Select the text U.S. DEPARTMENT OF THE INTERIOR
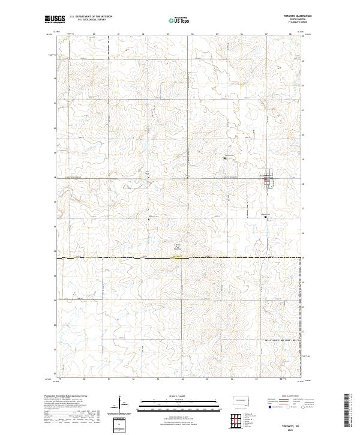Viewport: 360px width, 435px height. click(x=91, y=17)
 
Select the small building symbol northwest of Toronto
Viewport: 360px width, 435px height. click(x=225, y=158)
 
